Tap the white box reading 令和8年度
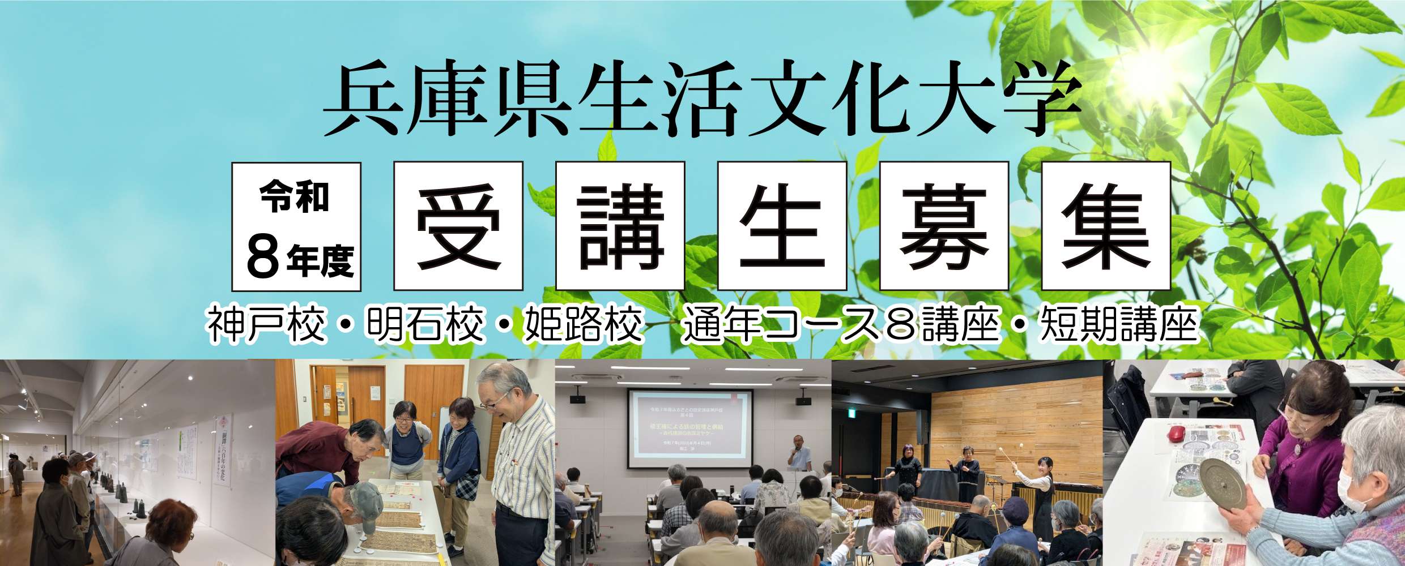pos(296,226)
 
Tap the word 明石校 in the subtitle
pos(425,327)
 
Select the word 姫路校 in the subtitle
pos(584,327)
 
